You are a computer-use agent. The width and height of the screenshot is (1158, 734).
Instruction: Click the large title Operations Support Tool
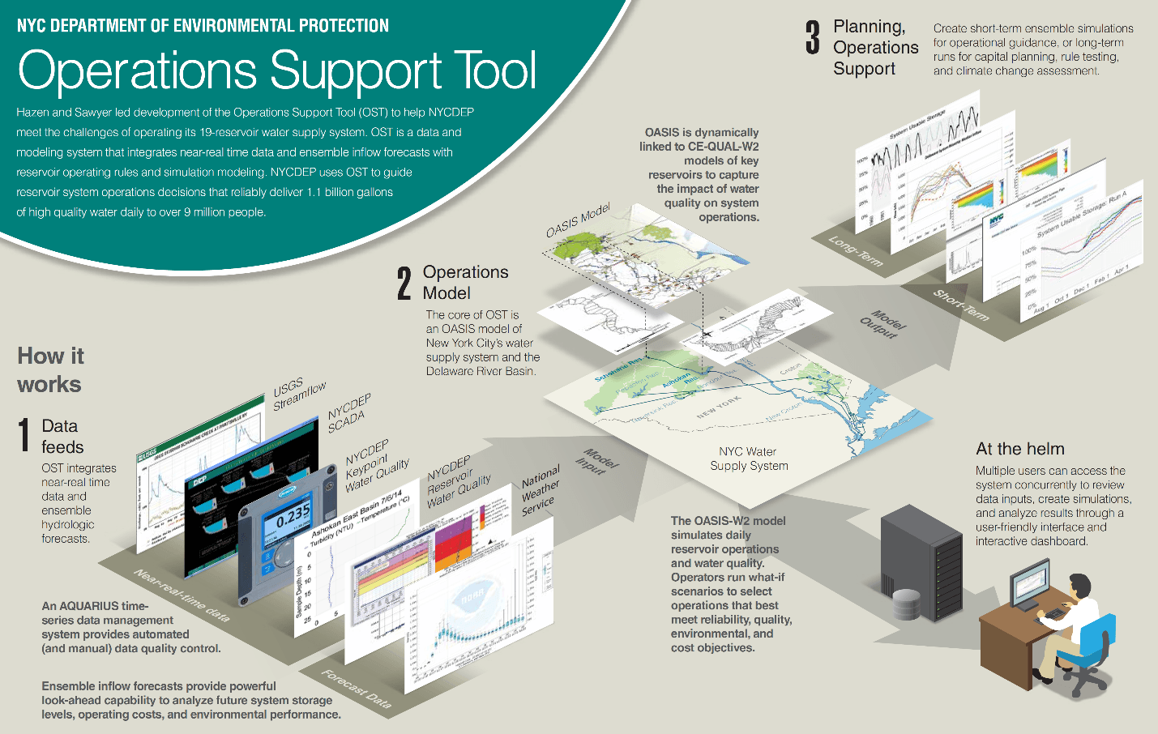[x=277, y=71]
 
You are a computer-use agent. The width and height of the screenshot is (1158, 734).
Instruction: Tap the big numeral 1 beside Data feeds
[x=24, y=435]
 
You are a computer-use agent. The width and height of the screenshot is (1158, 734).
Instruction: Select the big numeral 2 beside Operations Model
[x=404, y=283]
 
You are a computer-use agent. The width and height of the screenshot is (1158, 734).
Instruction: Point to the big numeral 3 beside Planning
[x=813, y=38]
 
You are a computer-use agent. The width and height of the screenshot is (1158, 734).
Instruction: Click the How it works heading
[x=50, y=369]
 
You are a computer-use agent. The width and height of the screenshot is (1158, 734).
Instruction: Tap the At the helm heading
[x=1019, y=449]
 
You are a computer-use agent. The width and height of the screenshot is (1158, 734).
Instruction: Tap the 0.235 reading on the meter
[x=293, y=514]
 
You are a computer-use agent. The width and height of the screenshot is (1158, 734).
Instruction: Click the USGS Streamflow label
[x=298, y=394]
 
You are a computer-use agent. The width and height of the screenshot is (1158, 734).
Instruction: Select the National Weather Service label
[x=541, y=489]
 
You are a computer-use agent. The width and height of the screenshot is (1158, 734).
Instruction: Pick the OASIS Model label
[x=578, y=220]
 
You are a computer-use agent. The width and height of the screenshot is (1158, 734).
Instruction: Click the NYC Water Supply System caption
[x=749, y=459]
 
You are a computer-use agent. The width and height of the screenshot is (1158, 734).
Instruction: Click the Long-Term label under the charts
[x=856, y=251]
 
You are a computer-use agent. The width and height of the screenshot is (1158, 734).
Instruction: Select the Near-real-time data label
[x=182, y=595]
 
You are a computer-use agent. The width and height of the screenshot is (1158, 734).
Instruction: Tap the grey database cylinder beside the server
[x=907, y=604]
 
